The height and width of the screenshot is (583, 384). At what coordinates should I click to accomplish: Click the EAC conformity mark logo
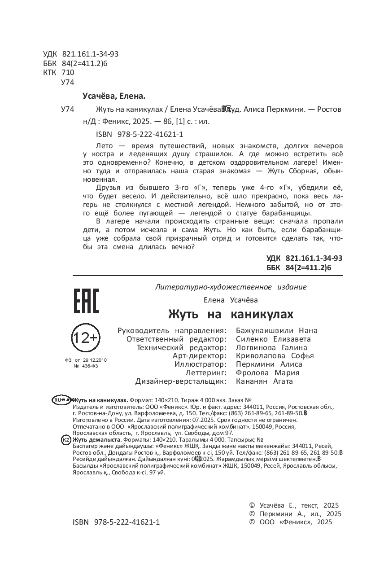coord(86,301)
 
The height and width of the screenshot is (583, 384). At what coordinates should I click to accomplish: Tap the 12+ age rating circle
coord(85,338)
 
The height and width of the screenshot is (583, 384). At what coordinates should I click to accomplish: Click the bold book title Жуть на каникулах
coord(231,313)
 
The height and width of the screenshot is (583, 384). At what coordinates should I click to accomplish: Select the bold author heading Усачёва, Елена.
coord(114,96)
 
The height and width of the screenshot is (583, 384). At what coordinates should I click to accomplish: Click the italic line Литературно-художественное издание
coord(230,287)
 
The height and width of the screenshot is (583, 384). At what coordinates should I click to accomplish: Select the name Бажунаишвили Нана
coord(276,330)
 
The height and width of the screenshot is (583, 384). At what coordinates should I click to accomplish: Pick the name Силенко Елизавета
coord(273,339)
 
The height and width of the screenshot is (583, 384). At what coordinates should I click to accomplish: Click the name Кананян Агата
coord(264,381)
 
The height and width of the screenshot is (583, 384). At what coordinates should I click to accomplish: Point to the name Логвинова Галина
coord(271,347)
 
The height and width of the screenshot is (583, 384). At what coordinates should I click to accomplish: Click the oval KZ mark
coord(65,440)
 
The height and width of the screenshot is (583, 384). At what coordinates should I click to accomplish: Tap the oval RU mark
coord(61,399)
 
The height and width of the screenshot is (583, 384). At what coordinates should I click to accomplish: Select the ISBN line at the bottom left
coord(116,522)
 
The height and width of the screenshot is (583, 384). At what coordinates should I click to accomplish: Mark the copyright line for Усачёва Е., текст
coord(294,505)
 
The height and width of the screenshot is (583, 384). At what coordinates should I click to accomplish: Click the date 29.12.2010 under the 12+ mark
coord(94,360)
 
